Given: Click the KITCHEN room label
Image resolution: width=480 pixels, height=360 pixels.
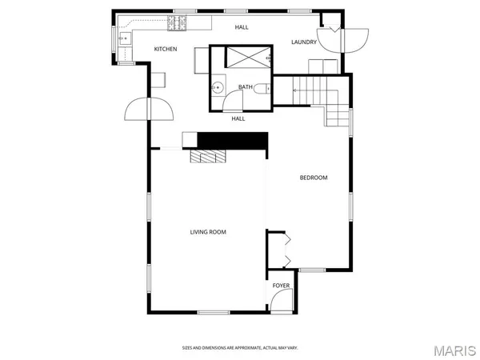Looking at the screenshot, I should pos(166,50).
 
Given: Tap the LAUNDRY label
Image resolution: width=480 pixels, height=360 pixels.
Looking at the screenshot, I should pos(304,42).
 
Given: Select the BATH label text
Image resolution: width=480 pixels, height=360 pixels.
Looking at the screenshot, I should pos(246,86).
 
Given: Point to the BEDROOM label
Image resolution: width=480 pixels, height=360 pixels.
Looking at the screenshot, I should pos(314,178).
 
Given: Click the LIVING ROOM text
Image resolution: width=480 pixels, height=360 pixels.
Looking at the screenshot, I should pos(208,233).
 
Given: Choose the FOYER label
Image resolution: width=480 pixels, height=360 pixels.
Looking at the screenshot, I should pos(281,286).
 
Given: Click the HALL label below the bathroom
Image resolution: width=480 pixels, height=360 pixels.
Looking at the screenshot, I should pos(238,118).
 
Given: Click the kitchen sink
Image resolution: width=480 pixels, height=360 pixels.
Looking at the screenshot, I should pos(124,38).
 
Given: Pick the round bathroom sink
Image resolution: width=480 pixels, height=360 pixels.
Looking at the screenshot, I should pos(217,88).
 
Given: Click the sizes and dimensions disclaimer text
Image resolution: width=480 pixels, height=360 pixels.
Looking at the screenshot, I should pos(239,348).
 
